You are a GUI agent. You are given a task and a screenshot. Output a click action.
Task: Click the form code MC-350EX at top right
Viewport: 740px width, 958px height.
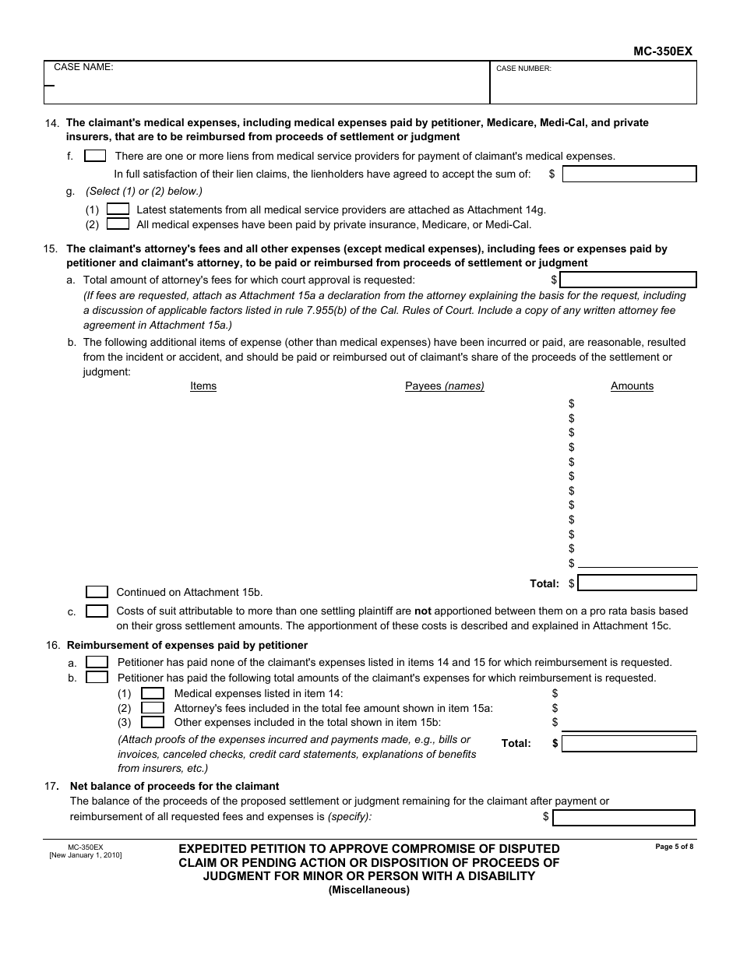tap(662, 51)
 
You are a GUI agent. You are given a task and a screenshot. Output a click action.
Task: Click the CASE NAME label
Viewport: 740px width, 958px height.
tap(83, 68)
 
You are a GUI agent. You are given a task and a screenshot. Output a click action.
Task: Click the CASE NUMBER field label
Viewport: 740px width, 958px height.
tap(523, 69)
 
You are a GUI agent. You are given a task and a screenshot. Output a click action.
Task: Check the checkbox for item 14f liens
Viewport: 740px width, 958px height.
tap(95, 156)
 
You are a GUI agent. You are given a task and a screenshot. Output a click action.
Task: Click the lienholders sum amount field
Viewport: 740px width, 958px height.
tap(629, 174)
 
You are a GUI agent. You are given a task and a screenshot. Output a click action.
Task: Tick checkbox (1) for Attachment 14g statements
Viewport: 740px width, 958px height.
tap(118, 209)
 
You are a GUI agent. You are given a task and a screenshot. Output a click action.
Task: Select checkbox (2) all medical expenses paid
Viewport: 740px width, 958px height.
tap(118, 224)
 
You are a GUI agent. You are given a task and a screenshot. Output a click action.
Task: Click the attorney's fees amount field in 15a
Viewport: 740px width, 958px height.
tap(628, 280)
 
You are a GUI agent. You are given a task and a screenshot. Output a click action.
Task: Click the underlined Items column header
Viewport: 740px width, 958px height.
tap(203, 386)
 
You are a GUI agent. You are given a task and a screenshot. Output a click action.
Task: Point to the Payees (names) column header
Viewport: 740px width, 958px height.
tap(444, 386)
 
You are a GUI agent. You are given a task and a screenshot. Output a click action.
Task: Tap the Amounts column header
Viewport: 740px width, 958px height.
tap(632, 386)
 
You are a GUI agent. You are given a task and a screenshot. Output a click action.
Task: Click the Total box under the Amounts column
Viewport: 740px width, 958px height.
tap(636, 583)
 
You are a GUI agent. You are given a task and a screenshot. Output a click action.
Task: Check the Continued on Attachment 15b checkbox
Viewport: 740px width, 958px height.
tap(97, 592)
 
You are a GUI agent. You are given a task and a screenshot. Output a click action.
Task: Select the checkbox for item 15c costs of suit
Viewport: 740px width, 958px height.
tap(97, 611)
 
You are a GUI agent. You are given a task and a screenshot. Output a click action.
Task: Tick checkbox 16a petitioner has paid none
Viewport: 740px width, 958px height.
tap(97, 662)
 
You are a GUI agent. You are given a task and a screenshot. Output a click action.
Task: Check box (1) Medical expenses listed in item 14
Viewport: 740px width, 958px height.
tap(152, 693)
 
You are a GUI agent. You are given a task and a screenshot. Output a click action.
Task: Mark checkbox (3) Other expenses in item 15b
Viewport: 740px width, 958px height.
tap(152, 722)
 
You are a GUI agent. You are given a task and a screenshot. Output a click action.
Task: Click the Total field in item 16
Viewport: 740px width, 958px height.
tap(629, 744)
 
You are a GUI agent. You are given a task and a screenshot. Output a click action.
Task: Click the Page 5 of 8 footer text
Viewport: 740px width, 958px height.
tap(674, 847)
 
